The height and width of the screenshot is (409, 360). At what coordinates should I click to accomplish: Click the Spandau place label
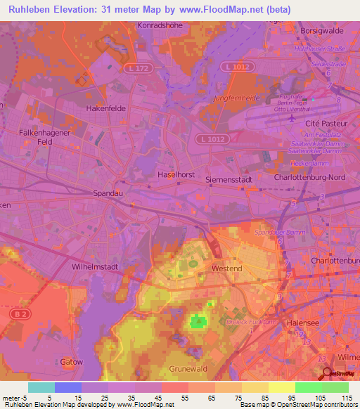108,192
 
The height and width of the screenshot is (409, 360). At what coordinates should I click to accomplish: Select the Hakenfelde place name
105,109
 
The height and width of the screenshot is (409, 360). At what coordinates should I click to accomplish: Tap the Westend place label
227,268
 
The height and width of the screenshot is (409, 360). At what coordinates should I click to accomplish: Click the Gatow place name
72,362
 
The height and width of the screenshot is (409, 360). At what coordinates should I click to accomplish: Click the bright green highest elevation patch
198,322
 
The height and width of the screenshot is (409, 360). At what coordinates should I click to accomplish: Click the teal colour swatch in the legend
41,387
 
